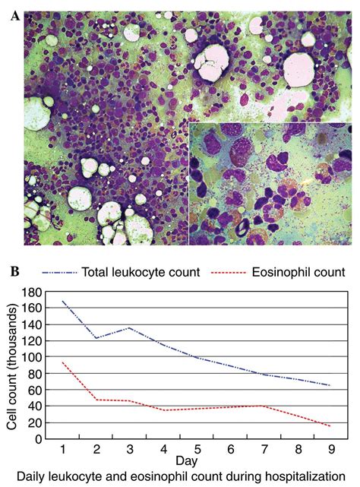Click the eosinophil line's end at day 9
click(330, 426)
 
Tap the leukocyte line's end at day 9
click(330, 385)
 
